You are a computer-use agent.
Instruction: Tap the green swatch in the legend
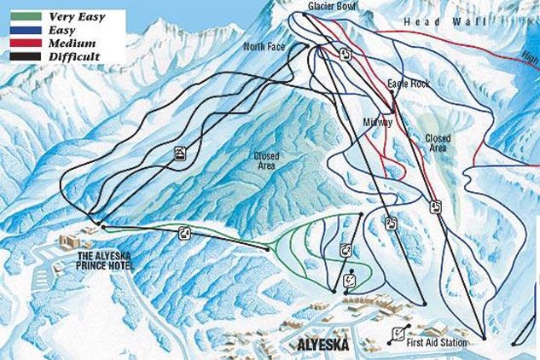26,16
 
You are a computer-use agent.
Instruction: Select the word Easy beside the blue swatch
62,30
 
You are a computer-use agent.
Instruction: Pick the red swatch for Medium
26,43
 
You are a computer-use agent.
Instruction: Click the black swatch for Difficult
26,56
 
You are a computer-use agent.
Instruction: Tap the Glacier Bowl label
332,7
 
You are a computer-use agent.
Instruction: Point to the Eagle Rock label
409,84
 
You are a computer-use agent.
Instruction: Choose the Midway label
377,122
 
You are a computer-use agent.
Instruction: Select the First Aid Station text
437,343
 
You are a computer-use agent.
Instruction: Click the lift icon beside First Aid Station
396,334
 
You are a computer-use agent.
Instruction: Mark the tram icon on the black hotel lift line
180,154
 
